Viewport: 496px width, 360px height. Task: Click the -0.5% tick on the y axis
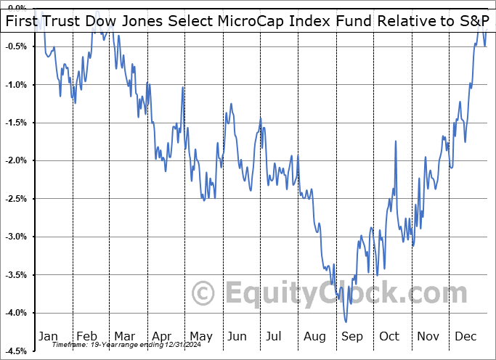pos(17,46)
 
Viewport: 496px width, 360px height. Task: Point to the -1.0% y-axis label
pos(17,84)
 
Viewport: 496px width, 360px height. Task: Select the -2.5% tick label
pos(17,198)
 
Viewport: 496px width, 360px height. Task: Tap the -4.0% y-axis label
pos(17,313)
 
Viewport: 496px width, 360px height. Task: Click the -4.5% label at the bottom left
pos(17,351)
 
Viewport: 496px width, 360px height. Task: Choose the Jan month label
pos(48,337)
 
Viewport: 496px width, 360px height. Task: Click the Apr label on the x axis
pos(161,337)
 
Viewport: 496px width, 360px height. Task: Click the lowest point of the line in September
pos(346,322)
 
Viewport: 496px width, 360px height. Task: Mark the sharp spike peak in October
pos(396,142)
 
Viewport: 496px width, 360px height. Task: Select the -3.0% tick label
pos(17,237)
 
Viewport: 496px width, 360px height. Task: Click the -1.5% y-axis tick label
pos(17,123)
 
